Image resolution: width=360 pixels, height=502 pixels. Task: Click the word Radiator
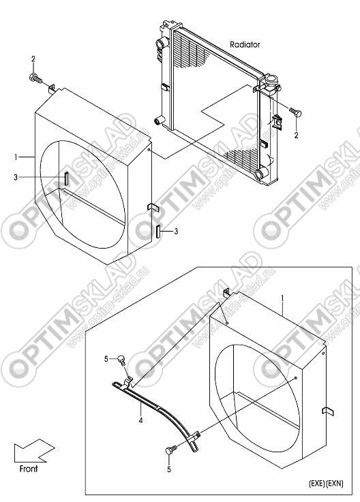[x=245, y=44]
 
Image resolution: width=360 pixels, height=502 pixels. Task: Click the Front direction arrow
[x=34, y=450]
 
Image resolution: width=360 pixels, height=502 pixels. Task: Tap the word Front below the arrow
[x=29, y=469]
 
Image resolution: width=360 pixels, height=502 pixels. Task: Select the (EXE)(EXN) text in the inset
[x=326, y=484]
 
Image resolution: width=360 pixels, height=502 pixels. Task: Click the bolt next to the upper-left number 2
[x=35, y=78]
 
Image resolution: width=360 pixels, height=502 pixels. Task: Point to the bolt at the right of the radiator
[x=295, y=112]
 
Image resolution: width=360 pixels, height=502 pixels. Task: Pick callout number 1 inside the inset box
[x=282, y=298]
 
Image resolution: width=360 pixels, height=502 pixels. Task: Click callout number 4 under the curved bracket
[x=140, y=420]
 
